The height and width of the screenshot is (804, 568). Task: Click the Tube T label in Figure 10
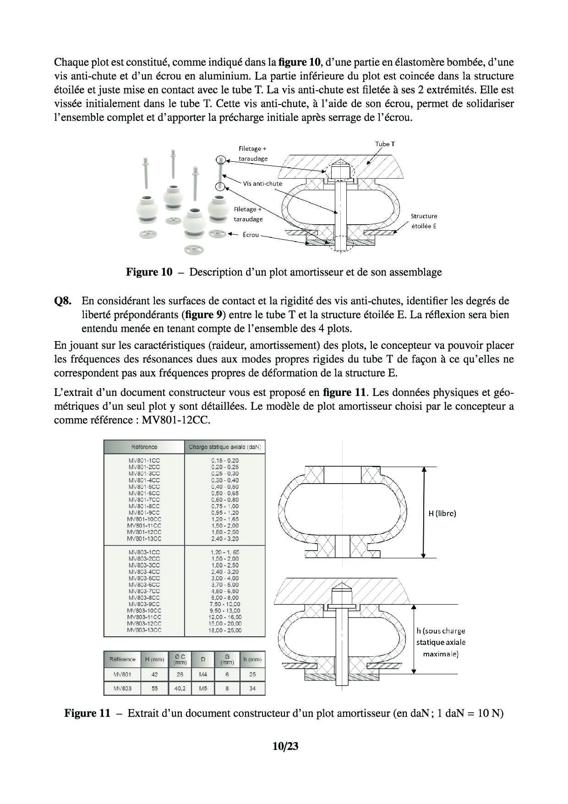385,144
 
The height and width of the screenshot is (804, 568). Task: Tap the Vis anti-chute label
262,183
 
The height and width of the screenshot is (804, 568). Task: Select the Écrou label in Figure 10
251,235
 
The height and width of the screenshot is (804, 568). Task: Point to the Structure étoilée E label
424,221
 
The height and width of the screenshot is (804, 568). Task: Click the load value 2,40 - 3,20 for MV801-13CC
225,539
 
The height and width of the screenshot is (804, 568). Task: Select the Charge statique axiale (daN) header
225,447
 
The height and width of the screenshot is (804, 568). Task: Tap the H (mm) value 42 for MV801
154,674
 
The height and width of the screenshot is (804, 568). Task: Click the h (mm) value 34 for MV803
252,688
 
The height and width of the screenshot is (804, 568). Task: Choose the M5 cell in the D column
203,688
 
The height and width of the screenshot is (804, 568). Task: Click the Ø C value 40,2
180,688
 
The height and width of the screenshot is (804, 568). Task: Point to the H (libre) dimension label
442,513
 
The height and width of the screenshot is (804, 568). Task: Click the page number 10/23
285,746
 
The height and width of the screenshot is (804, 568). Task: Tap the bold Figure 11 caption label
87,713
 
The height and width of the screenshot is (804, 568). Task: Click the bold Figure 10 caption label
149,272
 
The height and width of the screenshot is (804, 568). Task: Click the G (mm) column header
227,659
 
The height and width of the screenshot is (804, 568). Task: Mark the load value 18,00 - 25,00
225,630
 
